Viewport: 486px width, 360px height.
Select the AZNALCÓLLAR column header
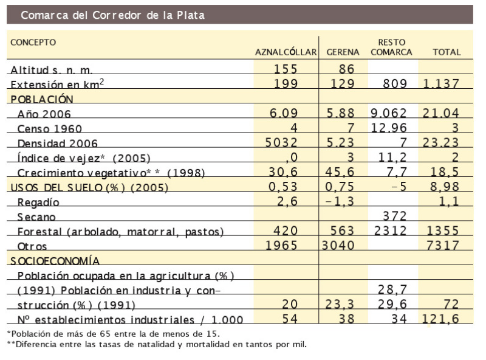(x=286, y=52)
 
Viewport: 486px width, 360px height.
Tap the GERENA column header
(x=343, y=52)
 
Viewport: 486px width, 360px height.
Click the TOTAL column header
(x=447, y=52)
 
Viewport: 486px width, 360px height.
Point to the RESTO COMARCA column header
(x=391, y=47)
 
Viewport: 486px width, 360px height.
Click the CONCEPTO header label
(x=33, y=43)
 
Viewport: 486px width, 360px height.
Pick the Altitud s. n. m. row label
(x=50, y=71)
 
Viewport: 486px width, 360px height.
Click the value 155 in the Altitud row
(x=286, y=69)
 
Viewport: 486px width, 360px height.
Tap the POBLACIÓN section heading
(x=41, y=99)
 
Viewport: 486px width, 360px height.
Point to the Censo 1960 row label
(x=50, y=129)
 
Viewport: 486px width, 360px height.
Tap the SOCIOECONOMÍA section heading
(x=54, y=260)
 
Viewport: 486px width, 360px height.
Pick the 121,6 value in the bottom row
(x=442, y=318)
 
